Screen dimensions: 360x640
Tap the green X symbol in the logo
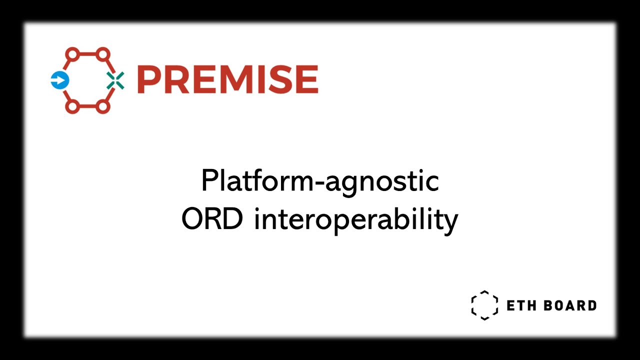coord(115,80)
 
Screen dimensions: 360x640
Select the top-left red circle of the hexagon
coord(72,53)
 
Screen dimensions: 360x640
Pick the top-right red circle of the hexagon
coord(102,53)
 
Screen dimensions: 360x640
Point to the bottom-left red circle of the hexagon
coord(72,106)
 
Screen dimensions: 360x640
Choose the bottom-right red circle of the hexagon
coord(102,106)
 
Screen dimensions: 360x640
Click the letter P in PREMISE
coord(148,80)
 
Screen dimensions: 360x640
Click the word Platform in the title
coord(252,181)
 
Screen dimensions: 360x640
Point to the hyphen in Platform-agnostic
coord(312,183)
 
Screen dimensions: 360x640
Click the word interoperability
coord(355,220)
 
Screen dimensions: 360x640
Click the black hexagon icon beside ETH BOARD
coord(484,305)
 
